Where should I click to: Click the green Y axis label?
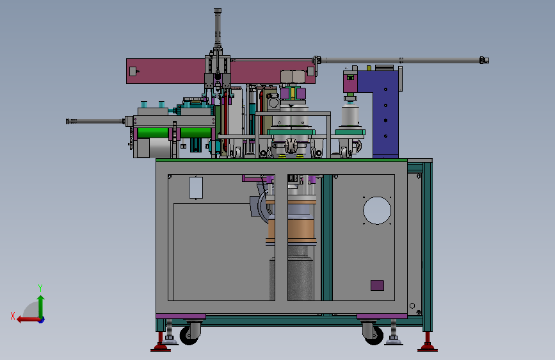pos(40,288)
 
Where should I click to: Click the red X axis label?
pos(13,316)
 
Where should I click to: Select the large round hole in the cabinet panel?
pos(377,211)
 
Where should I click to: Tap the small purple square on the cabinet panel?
pos(377,285)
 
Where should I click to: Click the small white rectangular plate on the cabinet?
pos(196,188)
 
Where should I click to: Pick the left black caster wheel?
pos(189,335)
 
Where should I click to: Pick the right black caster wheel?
pos(373,335)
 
